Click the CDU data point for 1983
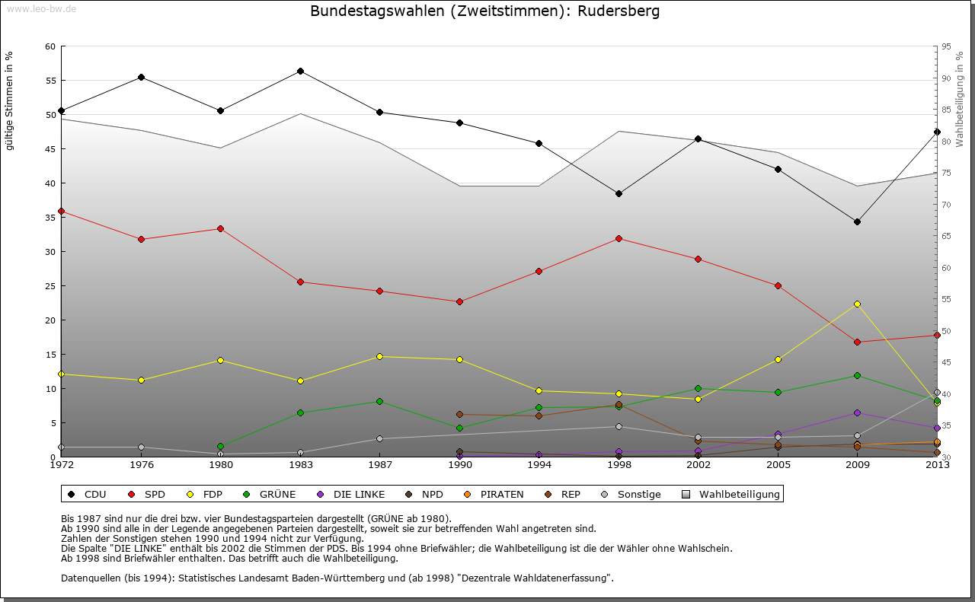(x=300, y=71)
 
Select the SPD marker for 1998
(x=619, y=238)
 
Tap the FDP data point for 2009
(x=857, y=304)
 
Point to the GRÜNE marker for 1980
(x=220, y=446)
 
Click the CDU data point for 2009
(x=857, y=221)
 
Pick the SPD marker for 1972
(x=61, y=211)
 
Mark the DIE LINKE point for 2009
(x=857, y=412)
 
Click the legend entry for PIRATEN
(x=501, y=495)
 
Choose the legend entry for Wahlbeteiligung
(x=739, y=495)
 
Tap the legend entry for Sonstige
(x=638, y=495)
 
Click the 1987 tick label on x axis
(x=380, y=464)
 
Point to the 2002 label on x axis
(x=698, y=464)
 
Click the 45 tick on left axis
(x=50, y=148)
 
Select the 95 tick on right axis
(x=946, y=46)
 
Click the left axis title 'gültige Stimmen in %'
(x=10, y=101)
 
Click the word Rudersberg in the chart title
(x=619, y=11)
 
